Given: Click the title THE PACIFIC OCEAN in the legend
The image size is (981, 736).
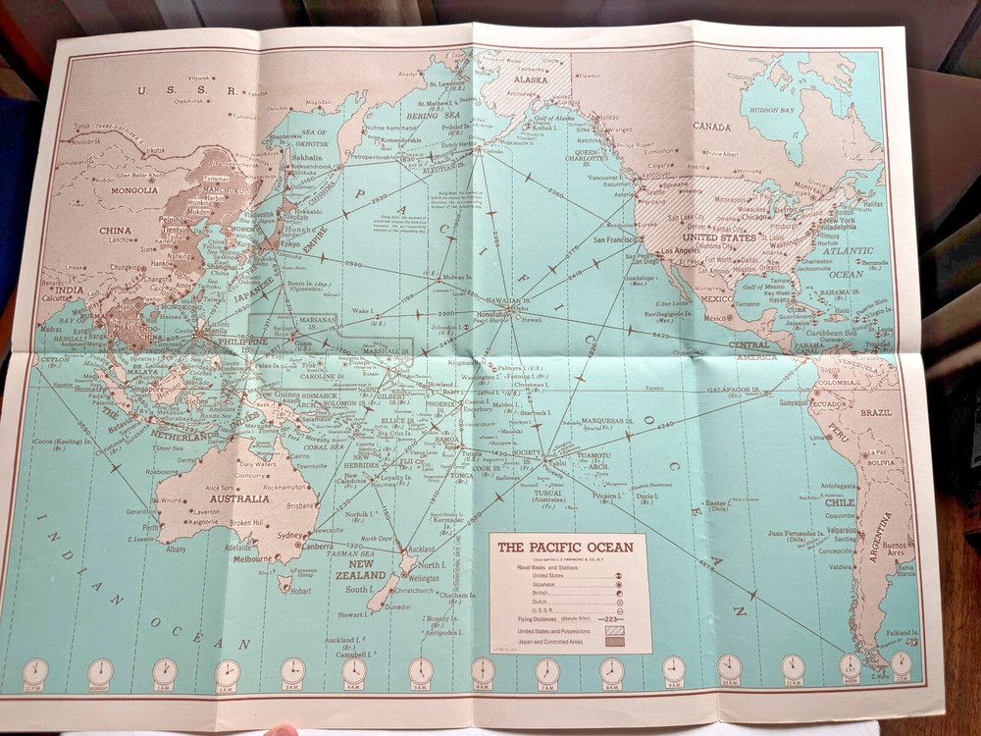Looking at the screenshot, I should [x=565, y=548].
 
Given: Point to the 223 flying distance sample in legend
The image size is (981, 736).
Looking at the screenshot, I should [x=610, y=620].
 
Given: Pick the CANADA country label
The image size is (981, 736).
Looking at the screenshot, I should [x=713, y=126].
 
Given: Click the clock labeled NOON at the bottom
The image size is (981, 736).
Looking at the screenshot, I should [x=850, y=668].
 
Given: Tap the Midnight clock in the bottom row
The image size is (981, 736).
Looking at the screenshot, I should [x=100, y=671].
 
